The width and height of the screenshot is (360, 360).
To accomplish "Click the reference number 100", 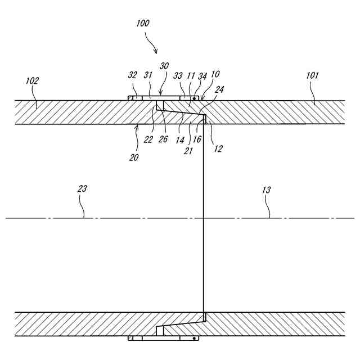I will coord(143,24).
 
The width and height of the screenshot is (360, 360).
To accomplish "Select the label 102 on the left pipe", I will coord(33,81).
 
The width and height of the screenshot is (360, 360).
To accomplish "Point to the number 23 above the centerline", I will coord(82,190).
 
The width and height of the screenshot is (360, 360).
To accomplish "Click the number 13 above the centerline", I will coord(267,190).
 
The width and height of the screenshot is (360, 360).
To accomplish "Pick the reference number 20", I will coord(133,157).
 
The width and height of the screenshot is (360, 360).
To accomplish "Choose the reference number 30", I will coord(164,66).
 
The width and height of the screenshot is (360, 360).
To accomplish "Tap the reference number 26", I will coord(163,139).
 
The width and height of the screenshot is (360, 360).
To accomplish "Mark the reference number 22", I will coord(148,139).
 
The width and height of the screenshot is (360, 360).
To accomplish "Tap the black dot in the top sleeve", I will coord(195,98).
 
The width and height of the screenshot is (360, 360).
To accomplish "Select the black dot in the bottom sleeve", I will coord(195,339).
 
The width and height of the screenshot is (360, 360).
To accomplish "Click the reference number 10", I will coord(215,74).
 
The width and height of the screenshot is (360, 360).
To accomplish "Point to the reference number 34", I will coord(202,76).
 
